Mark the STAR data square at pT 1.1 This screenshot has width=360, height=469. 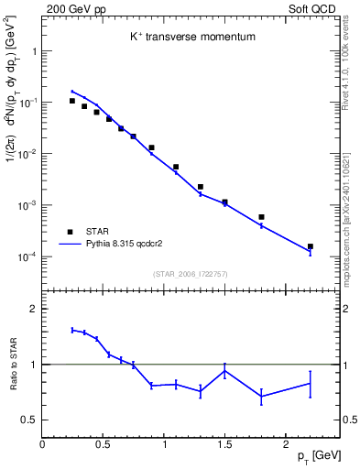[177, 167]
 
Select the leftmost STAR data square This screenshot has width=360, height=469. [72, 101]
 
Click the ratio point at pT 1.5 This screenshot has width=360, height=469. [225, 370]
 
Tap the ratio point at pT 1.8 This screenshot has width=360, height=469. [262, 396]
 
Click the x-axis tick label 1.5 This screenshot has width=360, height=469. [225, 443]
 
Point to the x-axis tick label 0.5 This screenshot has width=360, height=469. [103, 443]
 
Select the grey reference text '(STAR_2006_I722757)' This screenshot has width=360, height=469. [189, 274]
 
